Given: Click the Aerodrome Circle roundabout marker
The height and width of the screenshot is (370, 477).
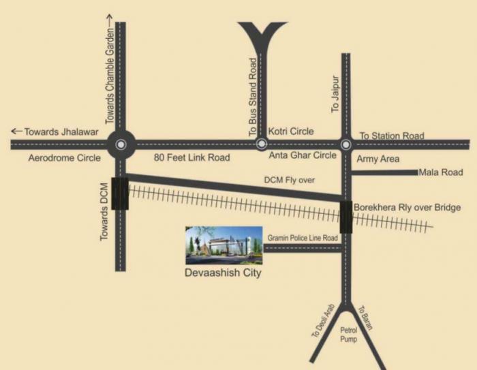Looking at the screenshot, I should tap(121, 144).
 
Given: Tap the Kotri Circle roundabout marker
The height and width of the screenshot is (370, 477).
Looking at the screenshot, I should tap(262, 144).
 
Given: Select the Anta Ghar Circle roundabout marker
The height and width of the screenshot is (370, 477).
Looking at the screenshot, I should tap(345, 144).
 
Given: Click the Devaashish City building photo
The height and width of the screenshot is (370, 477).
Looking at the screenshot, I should tap(224, 245).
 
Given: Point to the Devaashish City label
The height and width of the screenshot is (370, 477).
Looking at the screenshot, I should tap(224, 274).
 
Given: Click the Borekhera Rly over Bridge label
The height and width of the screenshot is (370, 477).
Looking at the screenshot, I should tap(407, 207).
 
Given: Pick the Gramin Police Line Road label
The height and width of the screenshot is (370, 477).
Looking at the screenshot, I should tap(303, 237).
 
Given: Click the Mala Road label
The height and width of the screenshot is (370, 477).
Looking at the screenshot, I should tap(441, 172).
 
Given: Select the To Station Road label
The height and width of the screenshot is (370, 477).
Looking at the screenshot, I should tap(391, 136).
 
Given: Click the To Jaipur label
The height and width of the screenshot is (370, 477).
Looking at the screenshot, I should tap(335, 94).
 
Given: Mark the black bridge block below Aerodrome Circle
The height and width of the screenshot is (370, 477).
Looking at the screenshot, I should tap(121, 193).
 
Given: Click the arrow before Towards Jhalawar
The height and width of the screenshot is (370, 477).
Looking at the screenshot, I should tap(16, 132).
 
